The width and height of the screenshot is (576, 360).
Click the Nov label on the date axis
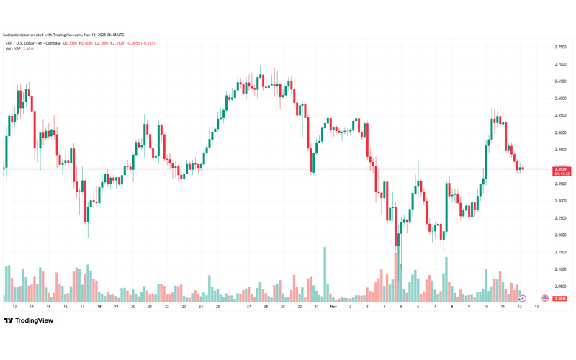pyautogui.click(x=333, y=307)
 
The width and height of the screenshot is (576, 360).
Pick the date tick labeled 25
pyautogui.click(x=217, y=307)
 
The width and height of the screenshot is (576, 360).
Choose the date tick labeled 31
pyautogui.click(x=317, y=307)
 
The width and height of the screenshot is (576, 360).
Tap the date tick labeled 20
pyautogui.click(x=133, y=307)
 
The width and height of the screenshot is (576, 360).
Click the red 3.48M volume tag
pyautogui.click(x=561, y=298)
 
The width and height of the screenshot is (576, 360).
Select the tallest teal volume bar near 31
pyautogui.click(x=325, y=274)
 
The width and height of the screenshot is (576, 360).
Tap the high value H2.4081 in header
pyautogui.click(x=87, y=43)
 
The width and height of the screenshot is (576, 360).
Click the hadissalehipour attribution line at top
pyautogui.click(x=63, y=35)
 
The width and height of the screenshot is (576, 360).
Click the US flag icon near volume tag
pyautogui.click(x=545, y=298)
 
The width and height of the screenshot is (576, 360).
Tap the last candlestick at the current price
pyautogui.click(x=522, y=169)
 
